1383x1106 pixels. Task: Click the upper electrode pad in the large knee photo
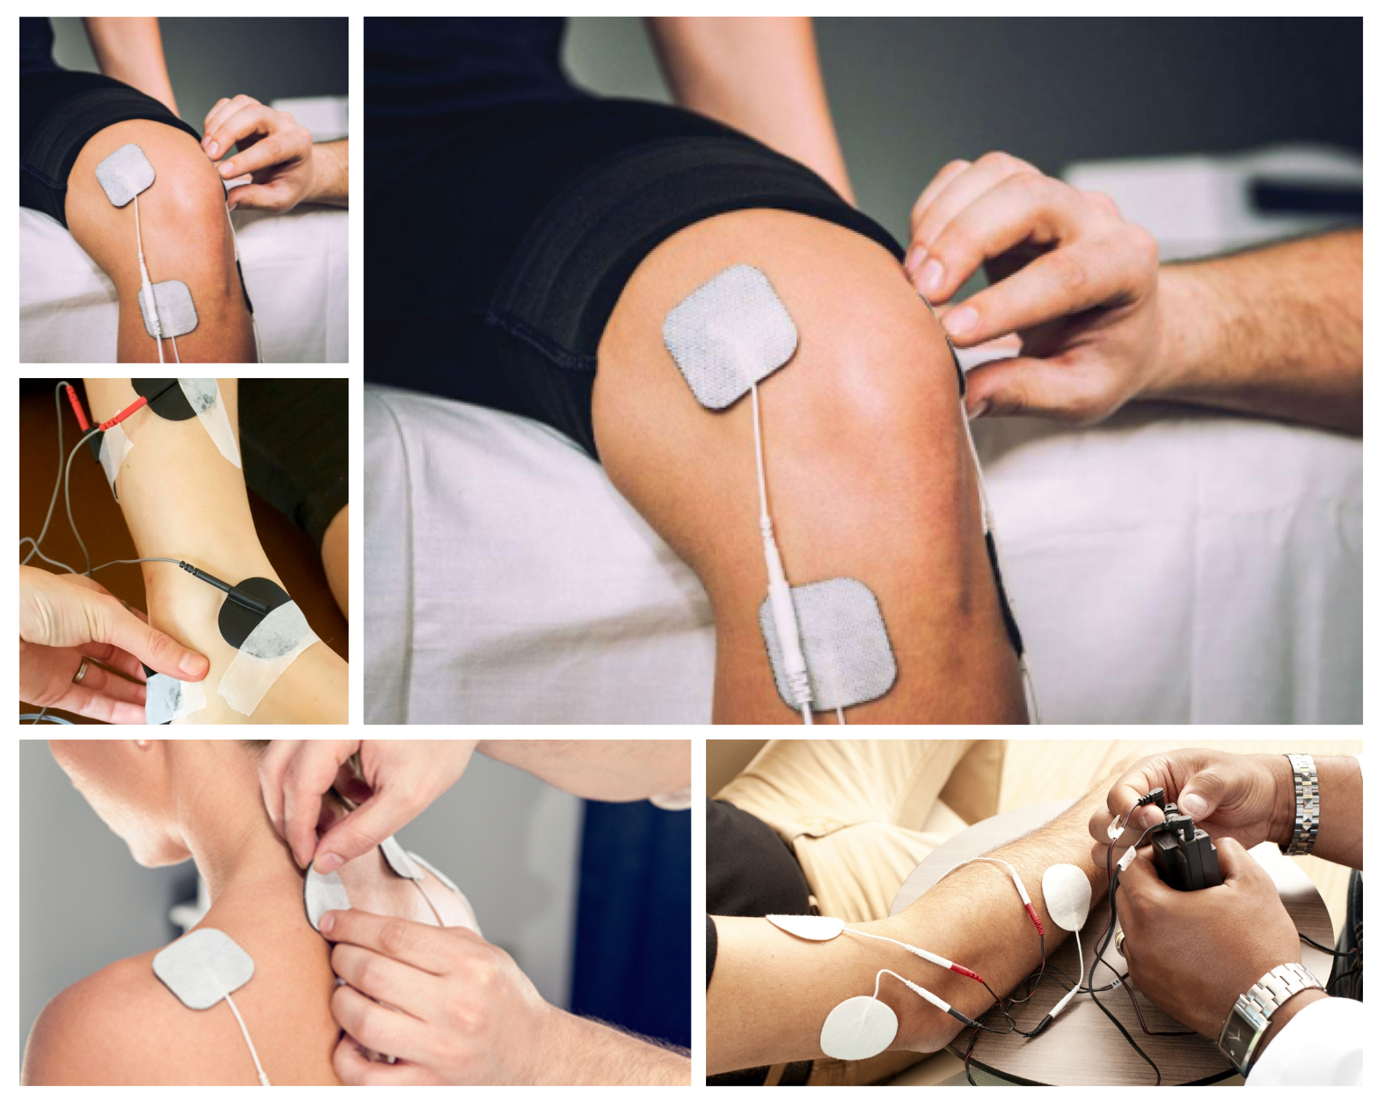pos(730,336)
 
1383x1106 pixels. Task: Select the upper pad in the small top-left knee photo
pos(124,174)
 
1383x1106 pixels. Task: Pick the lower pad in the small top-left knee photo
pos(169,308)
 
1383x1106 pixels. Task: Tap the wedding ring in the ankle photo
pos(82,671)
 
